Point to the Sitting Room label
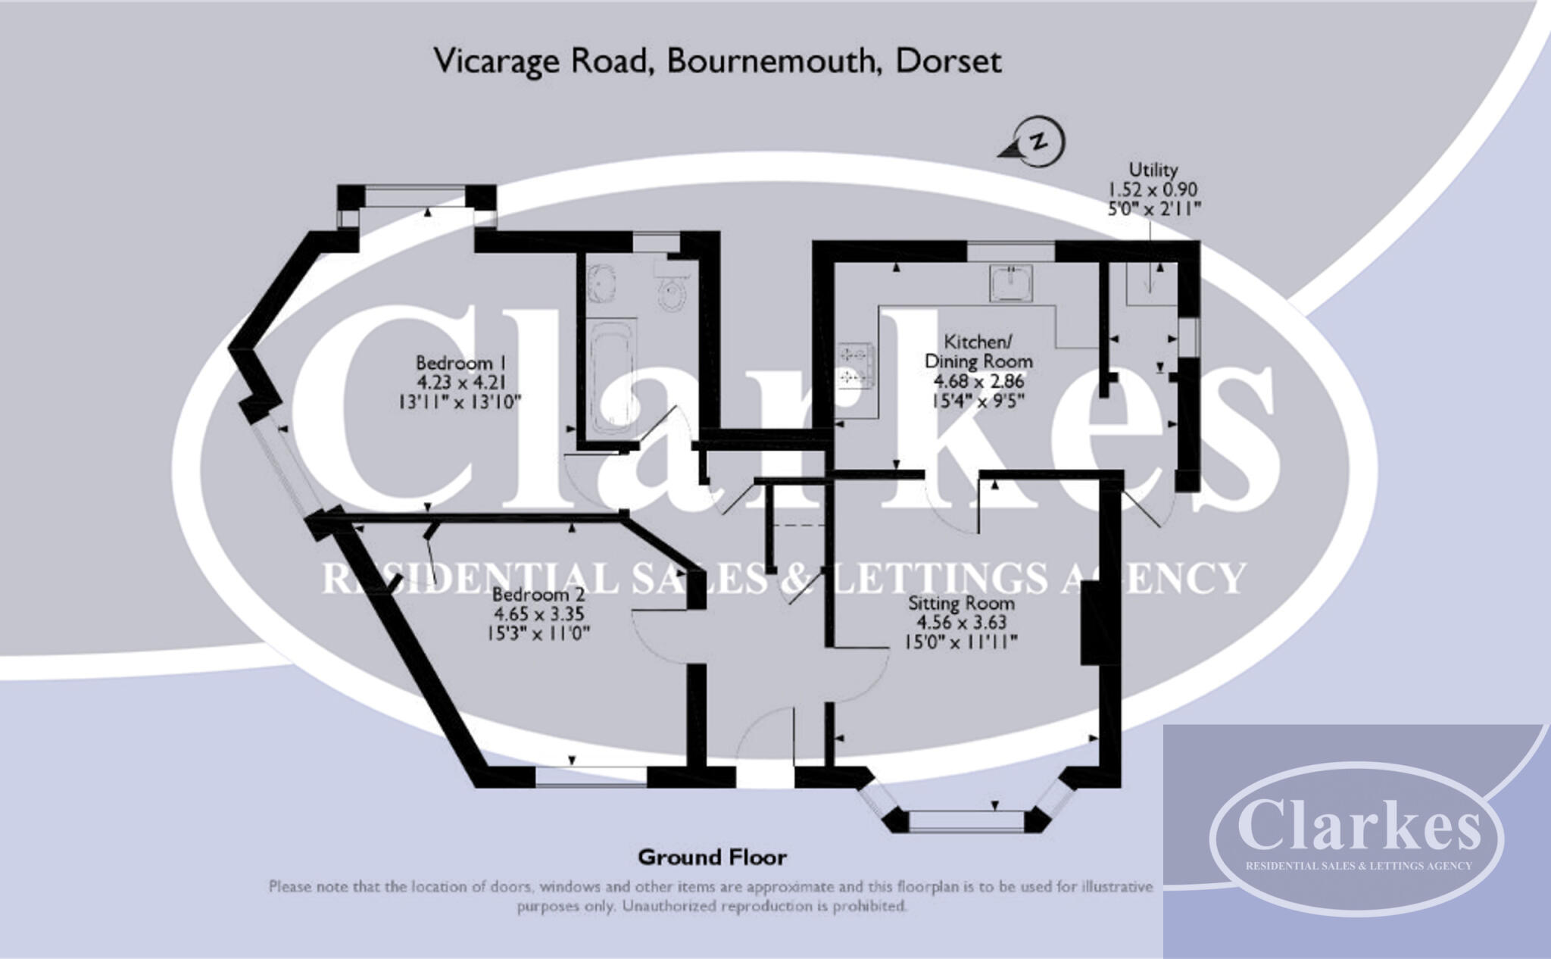[x=961, y=604]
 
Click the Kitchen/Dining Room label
[x=978, y=351]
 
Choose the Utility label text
[x=1153, y=170]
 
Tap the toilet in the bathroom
[x=673, y=289]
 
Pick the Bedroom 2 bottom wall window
[x=591, y=776]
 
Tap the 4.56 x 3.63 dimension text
[x=961, y=623]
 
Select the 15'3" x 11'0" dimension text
[x=538, y=633]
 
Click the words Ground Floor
[x=712, y=857]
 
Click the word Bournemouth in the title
[x=770, y=61]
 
